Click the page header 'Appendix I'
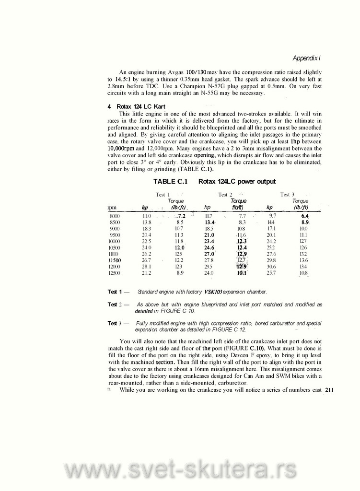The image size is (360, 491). pyautogui.click(x=306, y=58)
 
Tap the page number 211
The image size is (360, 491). pyautogui.click(x=328, y=390)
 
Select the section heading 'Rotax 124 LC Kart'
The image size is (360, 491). pyautogui.click(x=139, y=105)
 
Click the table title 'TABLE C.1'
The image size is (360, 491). pyautogui.click(x=170, y=181)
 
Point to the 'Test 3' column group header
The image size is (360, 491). pyautogui.click(x=287, y=194)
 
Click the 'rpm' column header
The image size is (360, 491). pyautogui.click(x=113, y=207)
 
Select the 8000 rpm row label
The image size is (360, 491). pyautogui.click(x=115, y=217)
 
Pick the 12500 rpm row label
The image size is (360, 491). pyautogui.click(x=115, y=273)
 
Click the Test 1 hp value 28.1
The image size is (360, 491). pyautogui.click(x=146, y=266)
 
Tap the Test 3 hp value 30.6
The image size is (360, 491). pyautogui.click(x=271, y=266)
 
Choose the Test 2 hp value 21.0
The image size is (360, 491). pyautogui.click(x=209, y=235)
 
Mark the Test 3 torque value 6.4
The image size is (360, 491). pyautogui.click(x=304, y=217)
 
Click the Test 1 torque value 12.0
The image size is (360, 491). pyautogui.click(x=180, y=247)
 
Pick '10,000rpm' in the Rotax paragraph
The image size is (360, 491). pyautogui.click(x=123, y=149)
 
